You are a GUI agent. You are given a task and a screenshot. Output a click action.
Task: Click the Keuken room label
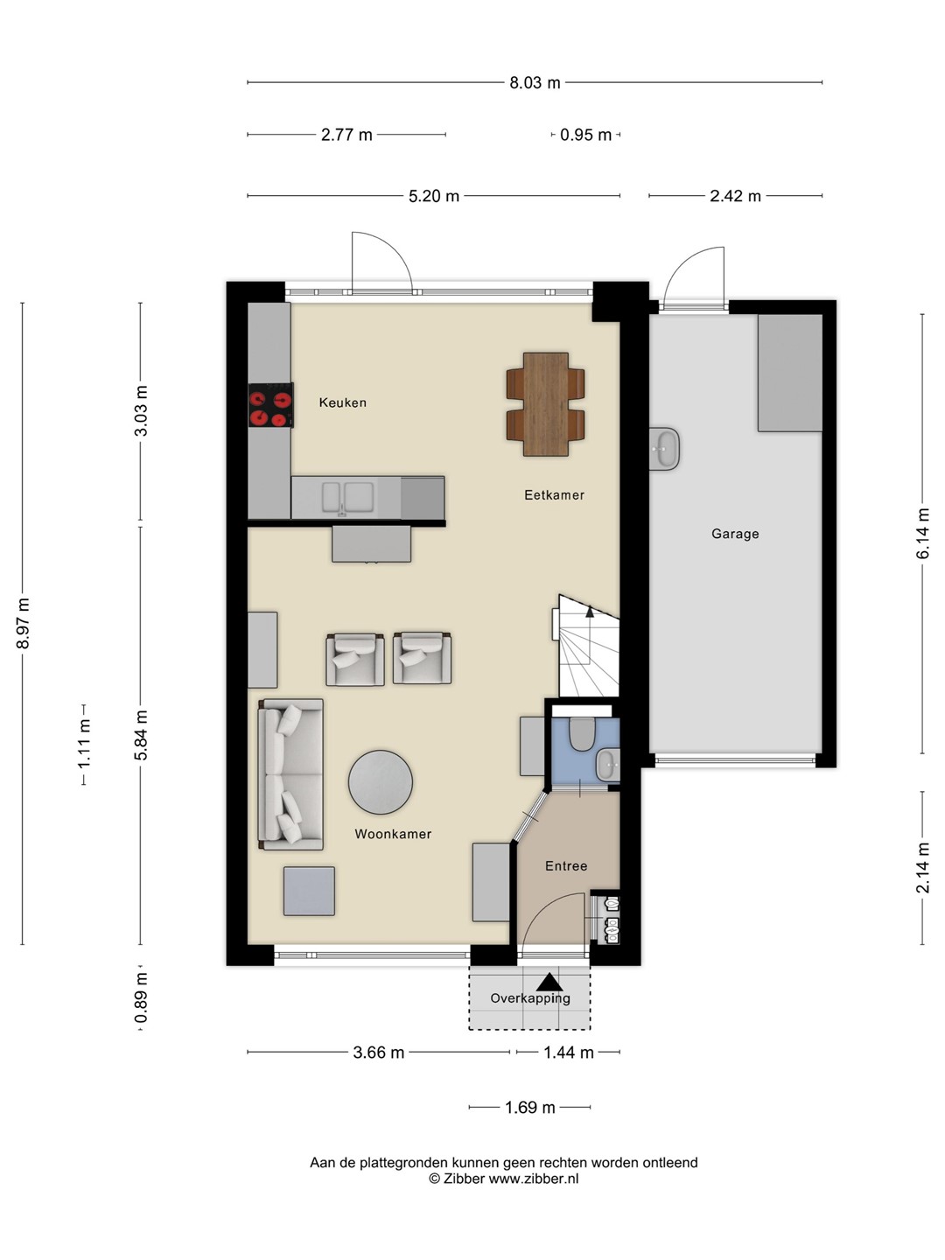(x=342, y=402)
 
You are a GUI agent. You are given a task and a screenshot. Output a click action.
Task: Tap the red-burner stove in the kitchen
(x=271, y=405)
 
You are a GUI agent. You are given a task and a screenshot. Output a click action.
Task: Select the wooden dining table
(x=546, y=404)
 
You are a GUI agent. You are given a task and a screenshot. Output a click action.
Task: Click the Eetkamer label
(x=554, y=495)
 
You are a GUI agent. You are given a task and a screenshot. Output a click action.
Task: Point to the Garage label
(x=735, y=534)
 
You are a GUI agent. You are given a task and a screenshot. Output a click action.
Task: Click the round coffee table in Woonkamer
(x=381, y=781)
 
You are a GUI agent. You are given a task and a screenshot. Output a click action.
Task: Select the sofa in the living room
(x=290, y=774)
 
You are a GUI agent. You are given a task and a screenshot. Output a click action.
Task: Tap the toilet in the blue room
(x=582, y=734)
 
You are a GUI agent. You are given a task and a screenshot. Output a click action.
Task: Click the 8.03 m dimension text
(x=535, y=82)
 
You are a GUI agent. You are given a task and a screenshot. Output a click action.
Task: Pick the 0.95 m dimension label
(x=586, y=135)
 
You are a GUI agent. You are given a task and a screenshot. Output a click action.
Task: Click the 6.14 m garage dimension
(x=922, y=533)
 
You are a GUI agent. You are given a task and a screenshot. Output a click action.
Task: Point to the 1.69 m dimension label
(x=530, y=1107)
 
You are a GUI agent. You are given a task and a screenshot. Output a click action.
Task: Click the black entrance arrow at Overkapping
(x=549, y=982)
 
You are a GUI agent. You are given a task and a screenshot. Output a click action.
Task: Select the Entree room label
(x=566, y=865)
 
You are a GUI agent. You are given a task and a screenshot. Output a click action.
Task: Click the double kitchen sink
(x=347, y=497)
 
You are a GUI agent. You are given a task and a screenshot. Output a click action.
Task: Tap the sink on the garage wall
(x=664, y=449)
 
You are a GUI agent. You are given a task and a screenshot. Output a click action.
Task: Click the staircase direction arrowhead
(x=590, y=612)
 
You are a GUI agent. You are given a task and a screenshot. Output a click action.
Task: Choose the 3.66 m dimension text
(x=379, y=1053)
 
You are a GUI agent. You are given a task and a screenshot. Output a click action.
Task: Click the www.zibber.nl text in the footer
(x=534, y=1179)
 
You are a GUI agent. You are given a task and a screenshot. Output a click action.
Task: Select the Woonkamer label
(x=393, y=834)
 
